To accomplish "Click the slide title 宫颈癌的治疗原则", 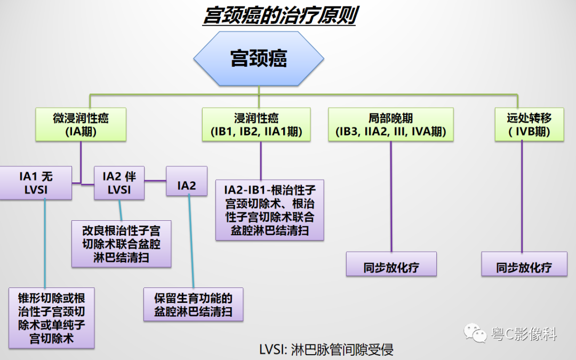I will (x=279, y=16).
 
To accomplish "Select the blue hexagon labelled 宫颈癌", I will (x=259, y=59).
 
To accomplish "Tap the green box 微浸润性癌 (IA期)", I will (x=81, y=125).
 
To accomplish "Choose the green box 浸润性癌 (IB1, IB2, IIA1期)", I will (x=256, y=125).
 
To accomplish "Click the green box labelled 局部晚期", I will (x=390, y=125).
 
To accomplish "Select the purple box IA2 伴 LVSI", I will (x=119, y=182).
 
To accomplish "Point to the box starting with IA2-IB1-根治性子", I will (x=269, y=210).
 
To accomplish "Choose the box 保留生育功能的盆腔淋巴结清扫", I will (x=193, y=305).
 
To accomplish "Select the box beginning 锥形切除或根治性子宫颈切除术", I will (x=51, y=318).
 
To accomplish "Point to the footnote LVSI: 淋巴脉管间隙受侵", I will (x=326, y=350).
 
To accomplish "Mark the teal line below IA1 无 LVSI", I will (x=45, y=243).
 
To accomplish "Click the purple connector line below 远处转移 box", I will (x=522, y=197).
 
